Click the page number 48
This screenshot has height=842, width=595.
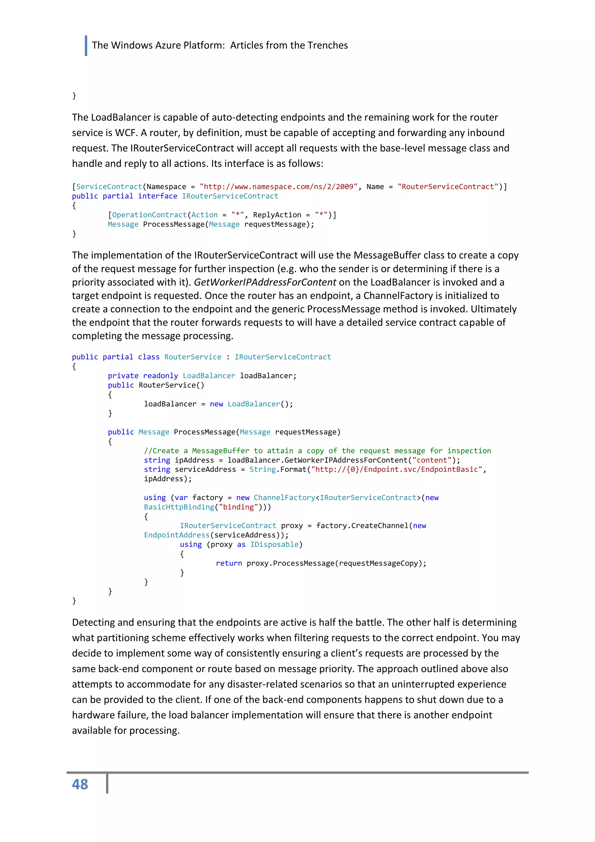[x=80, y=784]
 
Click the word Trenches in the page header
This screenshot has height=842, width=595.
[x=327, y=45]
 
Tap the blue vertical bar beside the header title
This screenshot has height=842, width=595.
[x=86, y=45]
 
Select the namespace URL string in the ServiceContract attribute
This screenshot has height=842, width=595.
[x=278, y=187]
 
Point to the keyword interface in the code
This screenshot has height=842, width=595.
[x=157, y=196]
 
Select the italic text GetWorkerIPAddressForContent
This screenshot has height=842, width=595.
[x=265, y=282]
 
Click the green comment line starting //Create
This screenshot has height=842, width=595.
[x=317, y=451]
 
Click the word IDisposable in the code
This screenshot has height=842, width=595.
[x=275, y=544]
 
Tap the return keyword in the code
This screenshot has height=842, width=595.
[x=229, y=563]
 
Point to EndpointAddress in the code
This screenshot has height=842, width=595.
[x=177, y=535]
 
